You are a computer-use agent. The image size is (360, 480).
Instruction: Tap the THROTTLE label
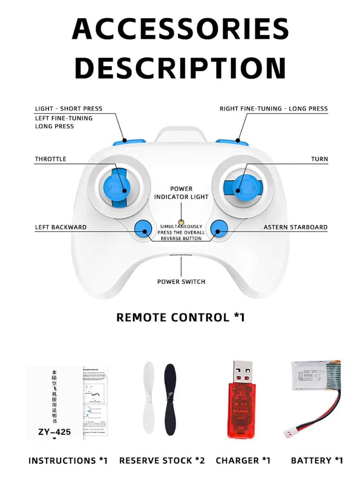(x=50, y=159)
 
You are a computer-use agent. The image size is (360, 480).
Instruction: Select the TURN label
(x=319, y=159)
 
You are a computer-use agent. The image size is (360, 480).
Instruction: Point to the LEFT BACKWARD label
(x=60, y=227)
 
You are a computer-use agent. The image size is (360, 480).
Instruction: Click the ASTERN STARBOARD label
(x=295, y=227)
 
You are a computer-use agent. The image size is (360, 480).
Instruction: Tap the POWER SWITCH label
(x=181, y=282)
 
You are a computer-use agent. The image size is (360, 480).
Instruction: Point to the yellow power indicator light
(x=181, y=223)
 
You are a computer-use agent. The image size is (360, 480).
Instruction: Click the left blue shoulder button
(x=129, y=143)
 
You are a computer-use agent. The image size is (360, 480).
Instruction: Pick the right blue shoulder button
(x=232, y=143)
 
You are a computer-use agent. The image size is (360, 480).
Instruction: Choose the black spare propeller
(x=170, y=399)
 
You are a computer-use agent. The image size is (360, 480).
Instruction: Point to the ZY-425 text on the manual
(x=54, y=432)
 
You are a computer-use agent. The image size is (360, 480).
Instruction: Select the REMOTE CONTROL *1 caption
(x=180, y=317)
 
